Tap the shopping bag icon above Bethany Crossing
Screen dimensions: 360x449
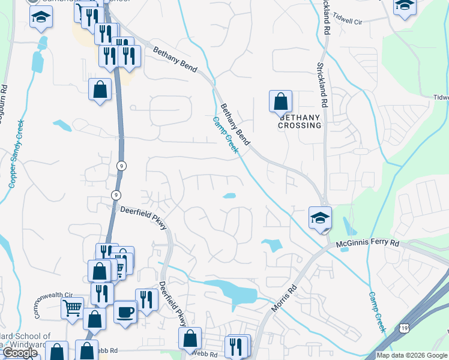(280, 101)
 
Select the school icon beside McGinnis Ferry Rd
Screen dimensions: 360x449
(321, 218)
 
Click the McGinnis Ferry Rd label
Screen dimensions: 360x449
(368, 244)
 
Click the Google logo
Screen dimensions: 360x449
(20, 353)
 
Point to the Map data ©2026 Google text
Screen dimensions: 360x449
(412, 355)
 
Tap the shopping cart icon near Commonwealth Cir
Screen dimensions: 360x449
(72, 309)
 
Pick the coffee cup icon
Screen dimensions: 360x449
(125, 312)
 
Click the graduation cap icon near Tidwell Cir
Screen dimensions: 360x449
(405, 6)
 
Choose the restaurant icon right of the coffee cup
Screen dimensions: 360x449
(147, 299)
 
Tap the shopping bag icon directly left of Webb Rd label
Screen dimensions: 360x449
(190, 338)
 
